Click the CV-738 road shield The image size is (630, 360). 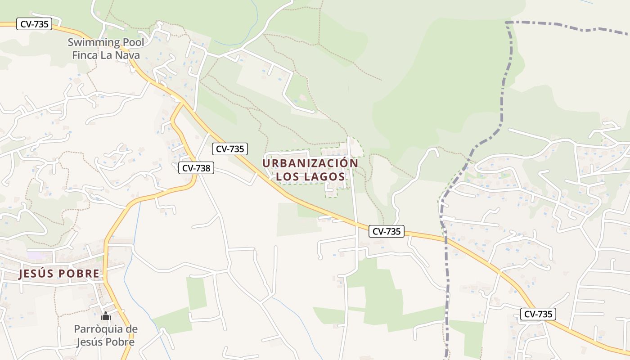tap(196, 168)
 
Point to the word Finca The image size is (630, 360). tap(85, 55)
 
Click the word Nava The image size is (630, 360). tap(127, 55)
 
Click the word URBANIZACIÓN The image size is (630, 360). tap(310, 163)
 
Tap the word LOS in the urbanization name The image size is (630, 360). tap(287, 176)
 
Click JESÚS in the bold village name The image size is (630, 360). tap(34, 274)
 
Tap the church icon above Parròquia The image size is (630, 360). tap(106, 316)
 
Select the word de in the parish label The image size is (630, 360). tap(131, 329)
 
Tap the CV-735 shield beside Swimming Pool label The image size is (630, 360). tap(34, 24)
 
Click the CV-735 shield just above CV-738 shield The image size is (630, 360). tap(230, 149)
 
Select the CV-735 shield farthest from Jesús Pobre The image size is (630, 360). tap(538, 314)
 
